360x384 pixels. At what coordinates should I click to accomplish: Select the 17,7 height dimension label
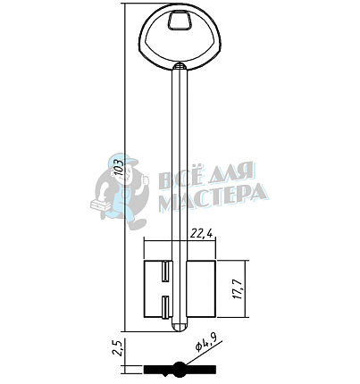point(239,289)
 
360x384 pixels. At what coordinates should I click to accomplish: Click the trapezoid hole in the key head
point(180,21)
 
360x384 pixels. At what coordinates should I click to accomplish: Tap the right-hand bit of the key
point(202,288)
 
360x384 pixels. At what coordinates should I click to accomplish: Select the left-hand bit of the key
point(158,289)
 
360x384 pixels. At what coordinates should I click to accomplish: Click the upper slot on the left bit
point(165,271)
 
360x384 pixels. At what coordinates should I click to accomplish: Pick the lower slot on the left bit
point(165,307)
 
